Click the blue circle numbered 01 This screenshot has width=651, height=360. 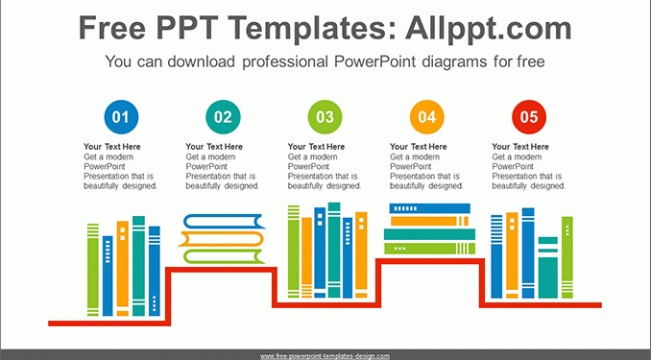(121, 117)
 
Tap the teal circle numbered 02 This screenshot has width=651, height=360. (223, 117)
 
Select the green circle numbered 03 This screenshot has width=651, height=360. (325, 117)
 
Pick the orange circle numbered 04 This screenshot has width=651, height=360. (427, 117)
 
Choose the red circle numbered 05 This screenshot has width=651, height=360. (529, 117)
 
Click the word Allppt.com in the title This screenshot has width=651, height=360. (488, 28)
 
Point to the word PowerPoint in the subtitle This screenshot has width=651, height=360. (374, 61)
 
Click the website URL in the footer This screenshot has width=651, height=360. (325, 356)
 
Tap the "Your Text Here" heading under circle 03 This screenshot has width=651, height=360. (316, 147)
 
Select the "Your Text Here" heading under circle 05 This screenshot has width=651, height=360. (520, 147)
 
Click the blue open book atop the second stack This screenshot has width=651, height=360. (224, 222)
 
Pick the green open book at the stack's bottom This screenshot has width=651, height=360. (224, 256)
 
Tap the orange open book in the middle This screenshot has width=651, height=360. (221, 239)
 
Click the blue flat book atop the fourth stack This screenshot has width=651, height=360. (430, 208)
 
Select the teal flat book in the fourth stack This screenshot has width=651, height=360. (429, 234)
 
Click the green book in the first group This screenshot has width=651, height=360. (93, 270)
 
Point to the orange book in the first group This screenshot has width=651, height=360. (123, 268)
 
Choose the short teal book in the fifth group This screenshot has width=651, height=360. (548, 268)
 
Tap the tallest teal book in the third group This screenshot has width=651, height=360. (334, 250)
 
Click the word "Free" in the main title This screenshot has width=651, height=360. (112, 28)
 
